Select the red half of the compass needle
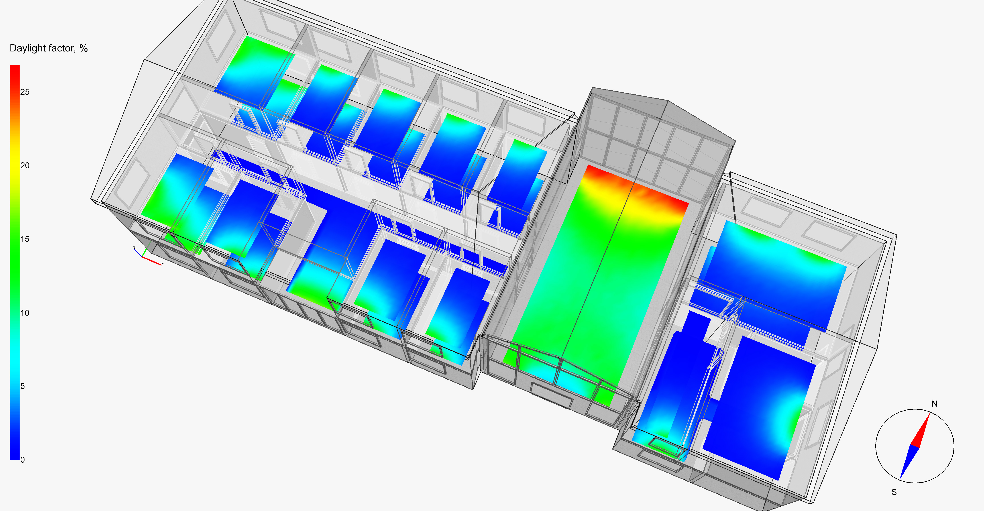922,432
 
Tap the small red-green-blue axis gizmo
147,255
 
